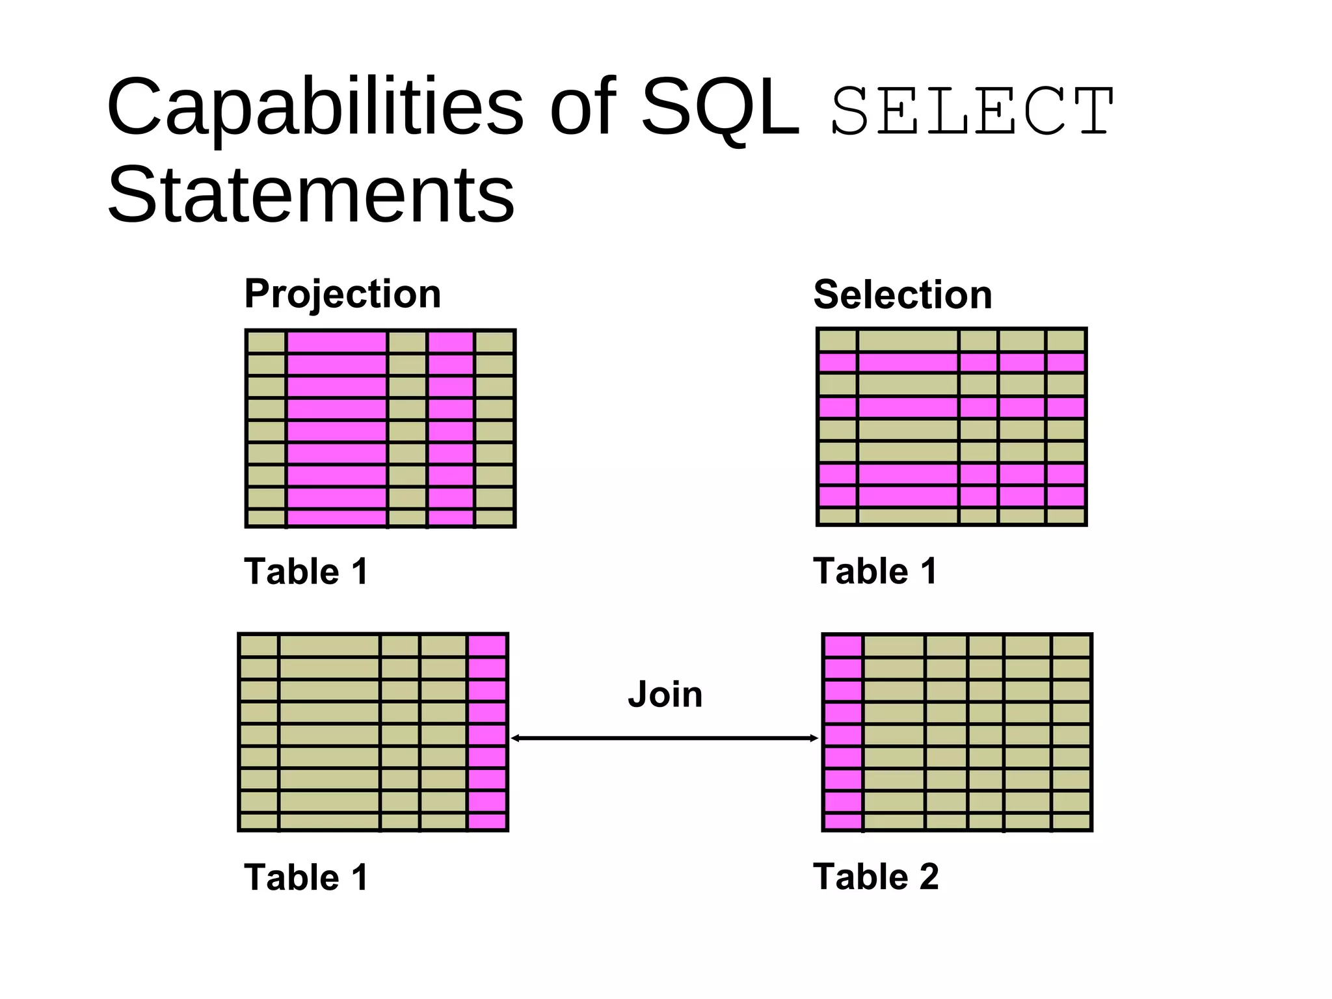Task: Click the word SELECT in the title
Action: (973, 112)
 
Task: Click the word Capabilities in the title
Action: (315, 108)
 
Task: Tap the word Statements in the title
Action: (311, 195)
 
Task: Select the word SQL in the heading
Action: (719, 108)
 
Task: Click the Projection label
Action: (343, 294)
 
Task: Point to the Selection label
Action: (903, 295)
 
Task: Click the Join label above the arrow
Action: (665, 695)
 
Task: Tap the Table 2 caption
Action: (875, 877)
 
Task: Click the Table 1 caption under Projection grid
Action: (306, 572)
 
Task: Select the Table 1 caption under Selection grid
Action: (875, 571)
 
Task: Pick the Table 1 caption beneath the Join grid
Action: (306, 877)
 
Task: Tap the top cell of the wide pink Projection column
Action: (337, 342)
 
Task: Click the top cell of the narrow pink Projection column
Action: (451, 342)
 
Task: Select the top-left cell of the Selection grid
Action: (838, 341)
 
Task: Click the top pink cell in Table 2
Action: (843, 646)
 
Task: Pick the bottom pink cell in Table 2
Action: (843, 821)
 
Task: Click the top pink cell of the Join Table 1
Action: (487, 646)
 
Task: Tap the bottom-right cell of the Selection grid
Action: (1065, 516)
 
